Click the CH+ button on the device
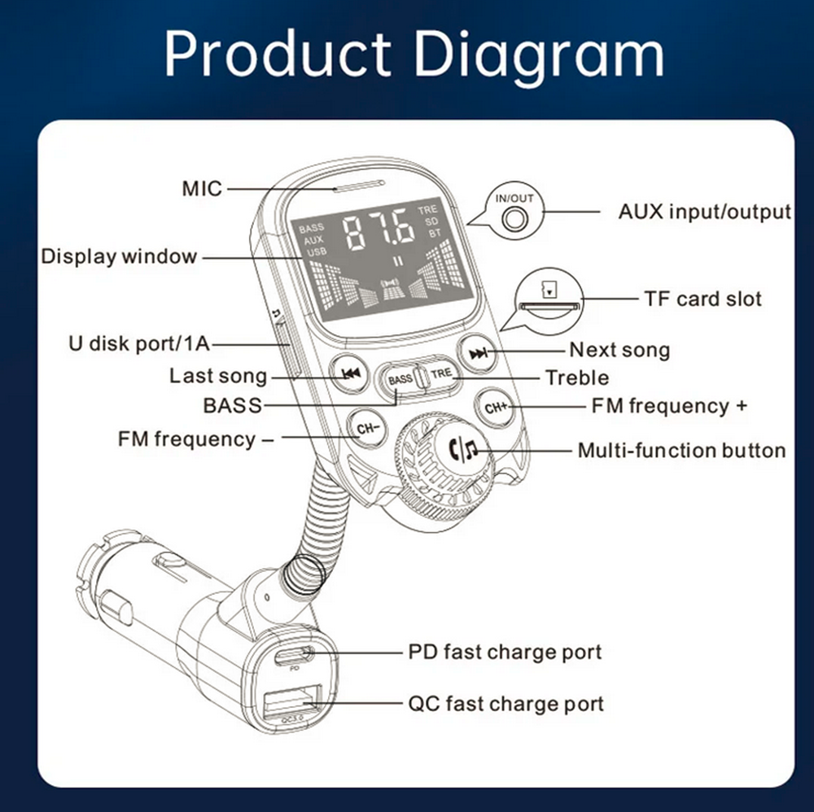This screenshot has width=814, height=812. [x=496, y=408]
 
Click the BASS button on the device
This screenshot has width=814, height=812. [x=400, y=379]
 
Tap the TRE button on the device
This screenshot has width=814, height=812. [x=440, y=374]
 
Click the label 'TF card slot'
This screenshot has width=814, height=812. [x=702, y=299]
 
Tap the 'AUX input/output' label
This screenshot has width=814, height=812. [x=704, y=212]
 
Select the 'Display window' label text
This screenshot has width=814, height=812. [x=119, y=257]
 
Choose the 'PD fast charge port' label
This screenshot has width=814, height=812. [x=505, y=653]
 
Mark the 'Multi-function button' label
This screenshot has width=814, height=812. [x=681, y=450]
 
